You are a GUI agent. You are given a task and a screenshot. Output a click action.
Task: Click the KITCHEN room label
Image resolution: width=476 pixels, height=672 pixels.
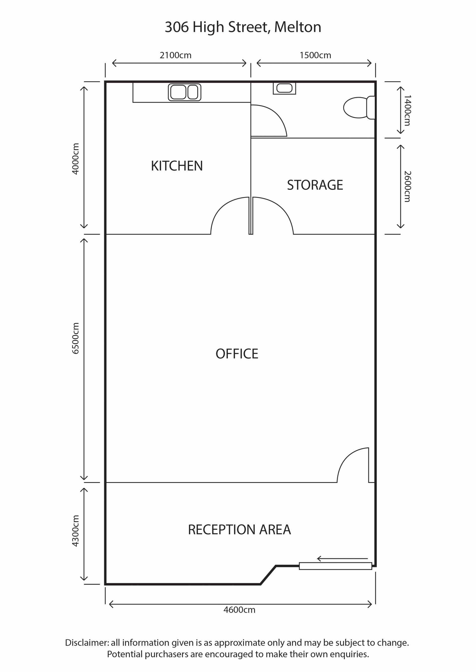coord(177,166)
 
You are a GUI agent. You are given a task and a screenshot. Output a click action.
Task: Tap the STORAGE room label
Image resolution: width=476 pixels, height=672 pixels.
coord(315,185)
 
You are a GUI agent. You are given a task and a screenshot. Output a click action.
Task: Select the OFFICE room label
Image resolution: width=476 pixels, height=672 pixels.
coord(237,354)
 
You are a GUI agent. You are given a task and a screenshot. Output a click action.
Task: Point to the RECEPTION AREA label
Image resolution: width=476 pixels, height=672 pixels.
coord(239,530)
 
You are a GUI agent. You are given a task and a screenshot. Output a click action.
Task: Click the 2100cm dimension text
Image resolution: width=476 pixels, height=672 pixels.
coord(175,55)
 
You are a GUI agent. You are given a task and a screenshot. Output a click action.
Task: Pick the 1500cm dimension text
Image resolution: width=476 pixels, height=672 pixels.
coord(315,55)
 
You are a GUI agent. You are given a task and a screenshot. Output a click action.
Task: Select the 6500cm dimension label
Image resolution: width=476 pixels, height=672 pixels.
coord(76,338)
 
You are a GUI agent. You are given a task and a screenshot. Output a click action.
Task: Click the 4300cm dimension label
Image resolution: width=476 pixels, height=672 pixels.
coord(76,531)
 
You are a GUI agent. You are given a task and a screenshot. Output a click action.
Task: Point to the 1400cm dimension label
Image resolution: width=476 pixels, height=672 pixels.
coord(407,110)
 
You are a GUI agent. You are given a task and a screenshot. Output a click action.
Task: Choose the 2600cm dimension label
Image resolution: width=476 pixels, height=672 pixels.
coord(407,186)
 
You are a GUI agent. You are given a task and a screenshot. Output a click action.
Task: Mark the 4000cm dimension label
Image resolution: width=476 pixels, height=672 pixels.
coord(76,159)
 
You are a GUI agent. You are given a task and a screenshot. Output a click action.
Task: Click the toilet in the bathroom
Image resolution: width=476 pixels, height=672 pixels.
coord(359,108)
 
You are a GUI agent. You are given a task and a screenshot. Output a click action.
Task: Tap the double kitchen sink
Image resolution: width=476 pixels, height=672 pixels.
coord(184,92)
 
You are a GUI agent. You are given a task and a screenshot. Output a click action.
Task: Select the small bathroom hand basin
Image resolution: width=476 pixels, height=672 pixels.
coord(284,88)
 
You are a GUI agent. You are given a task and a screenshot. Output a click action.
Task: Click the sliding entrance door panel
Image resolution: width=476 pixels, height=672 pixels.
coord(335,566)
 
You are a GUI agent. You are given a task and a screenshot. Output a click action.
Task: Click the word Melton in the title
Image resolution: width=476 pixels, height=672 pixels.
coord(297,27)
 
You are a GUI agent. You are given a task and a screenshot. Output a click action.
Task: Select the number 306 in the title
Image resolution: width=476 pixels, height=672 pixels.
coord(177,27)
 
